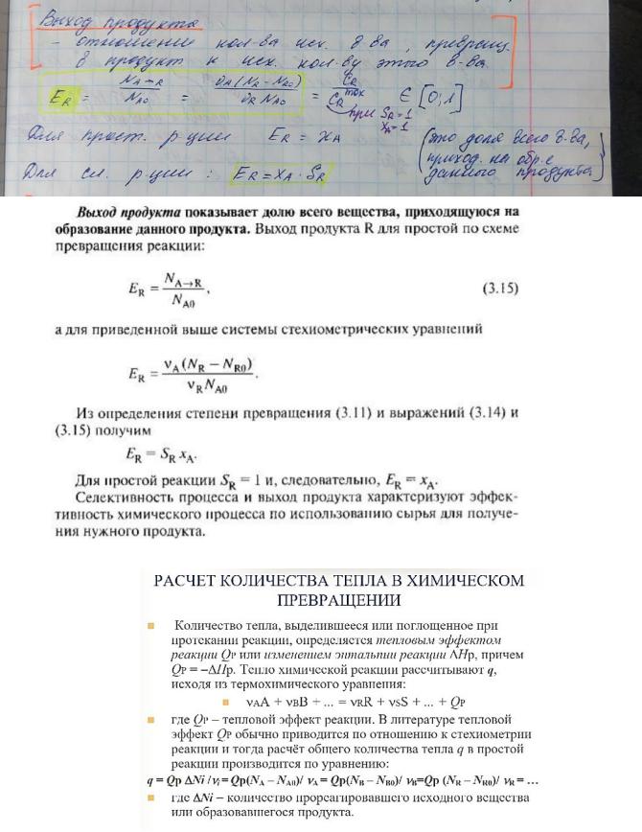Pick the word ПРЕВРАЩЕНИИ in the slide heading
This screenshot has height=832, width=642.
(x=339, y=601)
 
